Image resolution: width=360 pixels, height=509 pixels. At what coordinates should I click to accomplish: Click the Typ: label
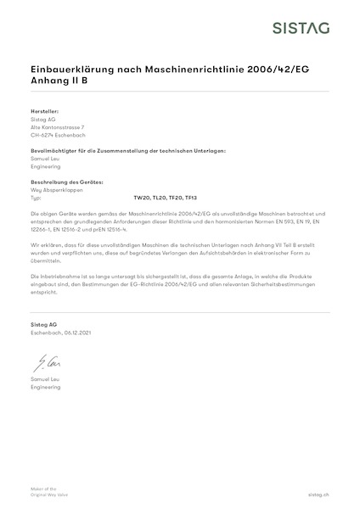point(36,197)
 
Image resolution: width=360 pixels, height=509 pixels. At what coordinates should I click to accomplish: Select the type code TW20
point(142,197)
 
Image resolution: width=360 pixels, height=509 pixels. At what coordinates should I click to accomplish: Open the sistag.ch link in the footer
point(317,492)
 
